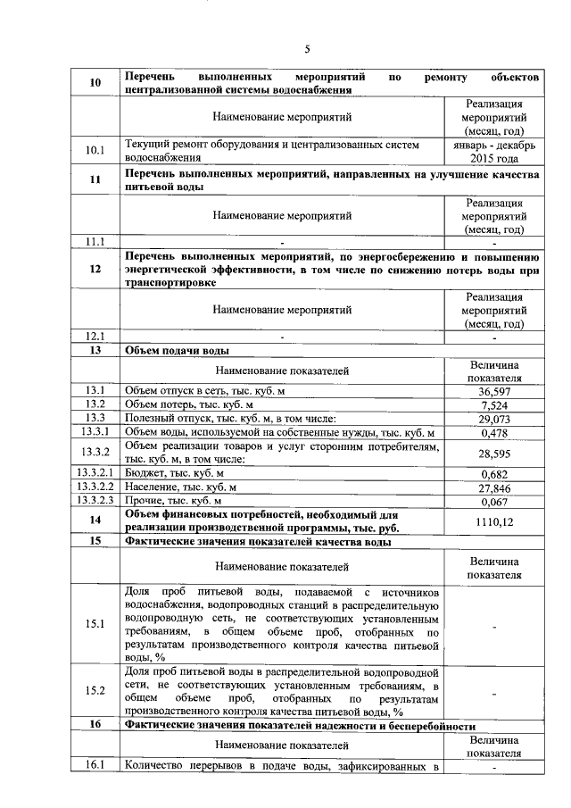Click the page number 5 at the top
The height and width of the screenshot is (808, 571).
(306, 49)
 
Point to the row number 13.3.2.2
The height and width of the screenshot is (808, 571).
(95, 487)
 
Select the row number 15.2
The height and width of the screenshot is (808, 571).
(95, 690)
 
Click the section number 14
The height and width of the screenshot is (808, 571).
(95, 521)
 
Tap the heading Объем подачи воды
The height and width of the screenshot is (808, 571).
(178, 350)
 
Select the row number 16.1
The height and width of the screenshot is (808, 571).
(95, 765)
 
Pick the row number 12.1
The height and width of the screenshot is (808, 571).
(95, 337)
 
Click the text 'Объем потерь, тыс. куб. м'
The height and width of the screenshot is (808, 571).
(191, 404)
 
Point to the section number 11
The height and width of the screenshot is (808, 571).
(95, 180)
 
